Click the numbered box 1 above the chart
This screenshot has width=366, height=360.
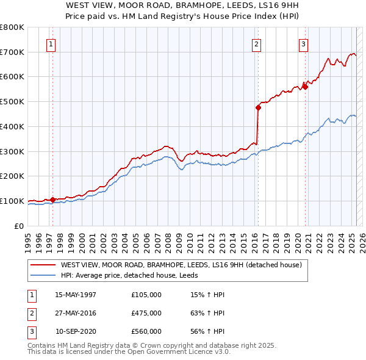tap(51, 44)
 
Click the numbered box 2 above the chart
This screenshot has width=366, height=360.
tap(256, 44)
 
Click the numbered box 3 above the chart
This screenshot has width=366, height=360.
tap(303, 44)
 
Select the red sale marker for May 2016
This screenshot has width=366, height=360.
tap(258, 107)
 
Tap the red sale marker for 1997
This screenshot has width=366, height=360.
tap(53, 200)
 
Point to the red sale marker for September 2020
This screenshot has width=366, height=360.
tap(305, 87)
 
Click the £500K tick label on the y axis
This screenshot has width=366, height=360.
tap(12, 102)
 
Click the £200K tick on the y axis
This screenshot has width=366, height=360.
tap(12, 176)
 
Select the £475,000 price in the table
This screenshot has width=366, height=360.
tap(146, 313)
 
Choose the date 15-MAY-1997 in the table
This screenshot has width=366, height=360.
tap(76, 295)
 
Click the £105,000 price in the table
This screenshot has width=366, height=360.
tap(146, 295)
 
